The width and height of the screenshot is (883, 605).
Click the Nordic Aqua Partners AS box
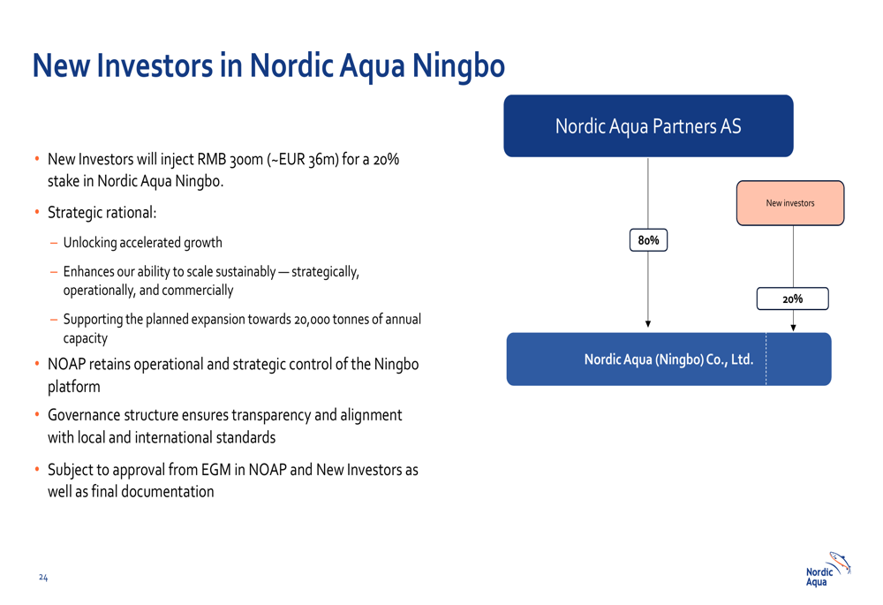[648, 125]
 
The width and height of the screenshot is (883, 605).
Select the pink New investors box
[790, 203]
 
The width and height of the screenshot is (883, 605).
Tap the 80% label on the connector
[648, 240]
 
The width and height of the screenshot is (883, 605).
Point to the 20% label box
[792, 299]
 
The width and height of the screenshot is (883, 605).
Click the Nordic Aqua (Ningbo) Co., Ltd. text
[668, 359]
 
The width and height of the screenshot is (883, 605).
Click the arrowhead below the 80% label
[648, 324]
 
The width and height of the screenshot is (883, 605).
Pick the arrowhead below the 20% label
[793, 328]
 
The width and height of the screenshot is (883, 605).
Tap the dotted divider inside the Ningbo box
[766, 359]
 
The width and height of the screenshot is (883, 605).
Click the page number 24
[43, 578]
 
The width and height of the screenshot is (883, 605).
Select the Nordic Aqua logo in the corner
[828, 570]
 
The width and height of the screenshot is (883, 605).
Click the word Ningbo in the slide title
[458, 66]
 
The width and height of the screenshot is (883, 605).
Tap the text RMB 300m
[230, 159]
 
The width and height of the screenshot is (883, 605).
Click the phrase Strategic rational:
[102, 212]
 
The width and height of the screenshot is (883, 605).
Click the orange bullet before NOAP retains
[37, 363]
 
